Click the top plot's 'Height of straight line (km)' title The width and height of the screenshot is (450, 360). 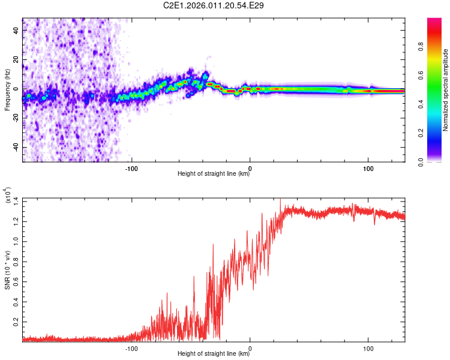point(214,174)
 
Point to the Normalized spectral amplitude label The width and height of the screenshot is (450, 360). point(446,90)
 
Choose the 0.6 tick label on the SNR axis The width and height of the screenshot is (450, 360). point(15,281)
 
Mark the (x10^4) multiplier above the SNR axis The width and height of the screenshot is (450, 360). point(8,196)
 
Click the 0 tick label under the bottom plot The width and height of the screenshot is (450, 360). point(250,347)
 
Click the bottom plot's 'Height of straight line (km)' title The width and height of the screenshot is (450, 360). point(214,354)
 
